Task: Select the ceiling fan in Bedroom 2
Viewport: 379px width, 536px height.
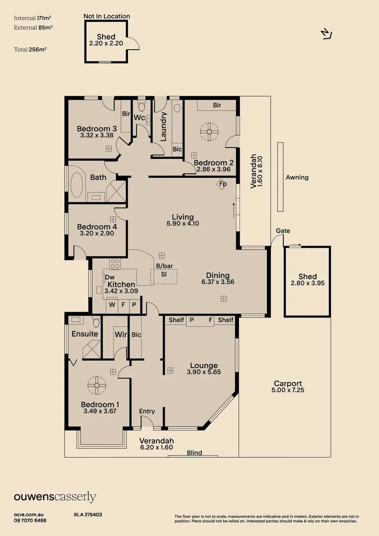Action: click(209, 132)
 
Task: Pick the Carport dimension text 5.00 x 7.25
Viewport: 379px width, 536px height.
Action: click(288, 391)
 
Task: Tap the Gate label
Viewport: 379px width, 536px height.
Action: click(283, 231)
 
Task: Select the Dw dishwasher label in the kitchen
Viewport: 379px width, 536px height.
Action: click(110, 277)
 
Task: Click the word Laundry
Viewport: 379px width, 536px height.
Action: click(164, 126)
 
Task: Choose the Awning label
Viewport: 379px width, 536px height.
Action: click(297, 177)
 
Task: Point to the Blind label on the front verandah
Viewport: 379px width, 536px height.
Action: click(194, 453)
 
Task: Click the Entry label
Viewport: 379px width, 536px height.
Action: click(147, 411)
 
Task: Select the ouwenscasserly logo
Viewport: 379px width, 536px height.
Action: click(55, 497)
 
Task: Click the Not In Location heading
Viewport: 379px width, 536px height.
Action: click(107, 16)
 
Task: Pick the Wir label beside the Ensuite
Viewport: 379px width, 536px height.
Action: click(121, 335)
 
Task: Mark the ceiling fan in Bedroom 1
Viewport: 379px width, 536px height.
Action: click(97, 384)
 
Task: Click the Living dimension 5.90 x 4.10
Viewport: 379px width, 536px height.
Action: click(183, 223)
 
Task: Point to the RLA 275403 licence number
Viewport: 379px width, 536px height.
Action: click(88, 515)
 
